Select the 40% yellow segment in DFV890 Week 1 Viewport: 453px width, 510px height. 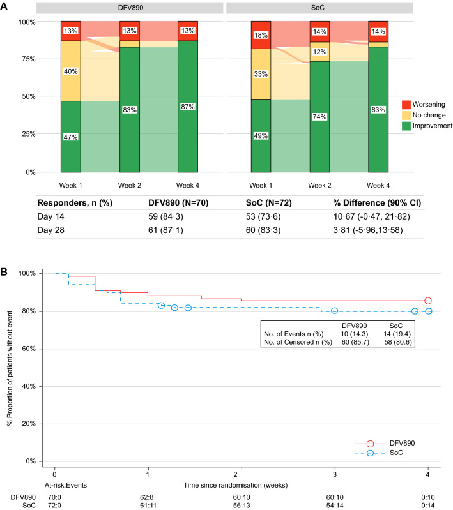[70, 71]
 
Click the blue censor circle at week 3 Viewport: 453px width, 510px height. [334, 311]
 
